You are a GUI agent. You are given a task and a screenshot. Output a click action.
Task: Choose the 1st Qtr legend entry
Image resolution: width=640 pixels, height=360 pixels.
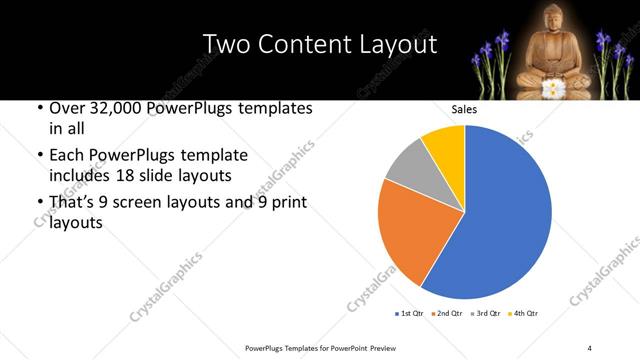point(411,314)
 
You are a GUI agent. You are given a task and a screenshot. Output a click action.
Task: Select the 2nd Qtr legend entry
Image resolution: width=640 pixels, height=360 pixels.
point(447,314)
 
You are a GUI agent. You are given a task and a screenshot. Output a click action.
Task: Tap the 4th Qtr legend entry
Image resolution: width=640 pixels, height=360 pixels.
point(522,314)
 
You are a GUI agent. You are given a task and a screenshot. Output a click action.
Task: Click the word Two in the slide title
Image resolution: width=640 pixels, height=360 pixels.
point(225,44)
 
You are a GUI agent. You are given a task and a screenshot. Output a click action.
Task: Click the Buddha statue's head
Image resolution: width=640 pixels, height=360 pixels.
point(547,17)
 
